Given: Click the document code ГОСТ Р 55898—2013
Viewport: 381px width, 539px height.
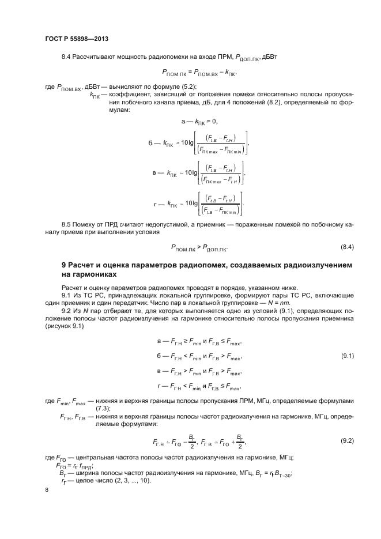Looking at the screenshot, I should (x=77, y=38).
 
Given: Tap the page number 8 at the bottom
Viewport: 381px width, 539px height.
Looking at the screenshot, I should (x=47, y=489).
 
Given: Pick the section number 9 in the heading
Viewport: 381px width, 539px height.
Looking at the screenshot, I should (x=64, y=265).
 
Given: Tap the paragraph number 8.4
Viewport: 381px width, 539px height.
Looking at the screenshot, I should (x=66, y=57).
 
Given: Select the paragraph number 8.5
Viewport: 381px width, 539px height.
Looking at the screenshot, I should (x=66, y=223).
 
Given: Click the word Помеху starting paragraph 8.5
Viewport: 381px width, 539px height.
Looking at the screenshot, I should (x=86, y=223).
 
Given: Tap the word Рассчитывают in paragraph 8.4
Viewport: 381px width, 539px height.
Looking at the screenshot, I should (x=96, y=57).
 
